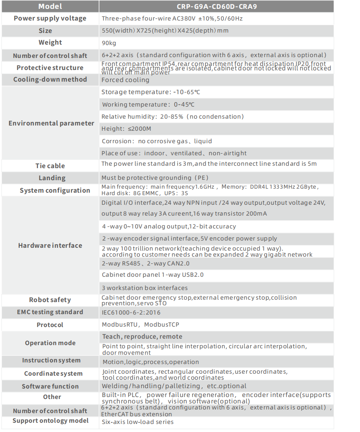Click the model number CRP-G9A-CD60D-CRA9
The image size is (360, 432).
coord(216,6)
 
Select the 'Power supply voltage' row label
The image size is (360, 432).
coord(50,19)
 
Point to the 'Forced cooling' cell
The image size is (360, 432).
coord(126,80)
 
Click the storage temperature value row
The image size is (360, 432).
coord(151,92)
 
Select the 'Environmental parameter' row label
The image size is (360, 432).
coord(51,123)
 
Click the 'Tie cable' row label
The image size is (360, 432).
coord(50,166)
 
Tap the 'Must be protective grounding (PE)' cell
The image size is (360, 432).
coord(155,178)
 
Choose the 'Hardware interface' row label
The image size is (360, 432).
coord(50,245)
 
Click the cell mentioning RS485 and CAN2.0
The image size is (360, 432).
coord(145,263)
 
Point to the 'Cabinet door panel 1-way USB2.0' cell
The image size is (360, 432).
coord(153,275)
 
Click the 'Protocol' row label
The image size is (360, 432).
coord(50,325)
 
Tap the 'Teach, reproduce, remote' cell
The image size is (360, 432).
coord(142,337)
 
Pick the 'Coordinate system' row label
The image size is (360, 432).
coord(53,374)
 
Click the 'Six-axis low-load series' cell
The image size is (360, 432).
coord(138,422)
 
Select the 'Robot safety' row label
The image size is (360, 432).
coord(50,300)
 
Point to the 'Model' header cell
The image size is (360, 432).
coord(50,6)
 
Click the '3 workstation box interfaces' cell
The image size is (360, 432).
coord(145,288)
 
